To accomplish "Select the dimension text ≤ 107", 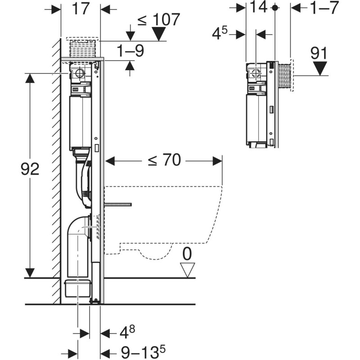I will (158, 20).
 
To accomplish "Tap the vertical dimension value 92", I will (31, 169).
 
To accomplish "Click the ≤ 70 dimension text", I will (165, 161).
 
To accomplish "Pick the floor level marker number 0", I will (187, 254).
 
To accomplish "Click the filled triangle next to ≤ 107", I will (158, 34).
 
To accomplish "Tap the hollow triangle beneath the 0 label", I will (187, 270).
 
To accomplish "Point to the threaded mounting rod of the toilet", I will (118, 205).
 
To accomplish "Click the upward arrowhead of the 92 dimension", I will (30, 77).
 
